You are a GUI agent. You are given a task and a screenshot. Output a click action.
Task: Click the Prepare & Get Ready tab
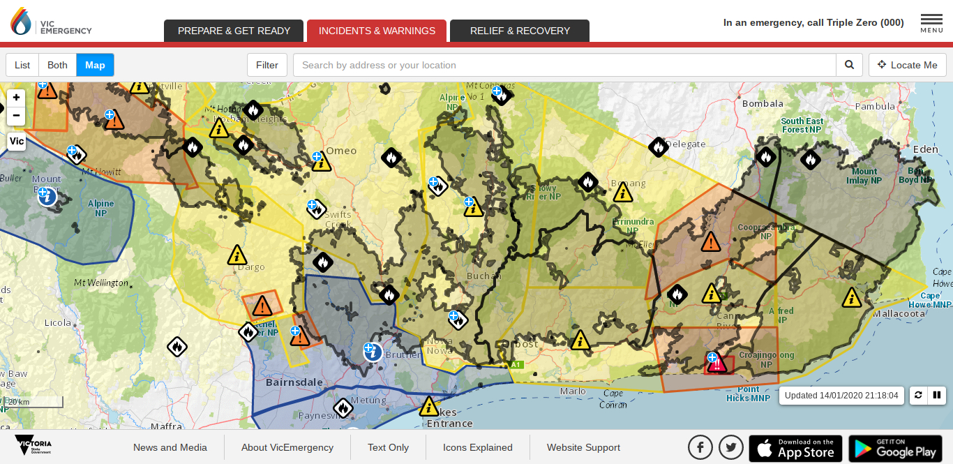tap(234, 31)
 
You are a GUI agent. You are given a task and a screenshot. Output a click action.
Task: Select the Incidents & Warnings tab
tap(377, 31)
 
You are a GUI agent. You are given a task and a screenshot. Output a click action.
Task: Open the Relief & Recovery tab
tap(520, 31)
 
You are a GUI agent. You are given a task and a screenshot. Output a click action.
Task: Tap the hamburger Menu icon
tap(931, 22)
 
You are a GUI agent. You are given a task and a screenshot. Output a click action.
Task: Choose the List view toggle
tap(22, 65)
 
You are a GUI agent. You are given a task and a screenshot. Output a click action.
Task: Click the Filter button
tap(267, 65)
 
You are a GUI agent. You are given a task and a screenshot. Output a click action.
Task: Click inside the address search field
tap(564, 65)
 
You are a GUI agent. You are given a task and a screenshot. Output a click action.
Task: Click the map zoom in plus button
tap(16, 98)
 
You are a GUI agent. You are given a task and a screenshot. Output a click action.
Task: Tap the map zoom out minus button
tap(16, 115)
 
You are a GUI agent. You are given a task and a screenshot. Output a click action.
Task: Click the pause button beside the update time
tap(937, 395)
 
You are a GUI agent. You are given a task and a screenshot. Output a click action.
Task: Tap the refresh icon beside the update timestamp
tap(918, 395)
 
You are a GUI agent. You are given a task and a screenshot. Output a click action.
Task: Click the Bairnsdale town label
tap(294, 382)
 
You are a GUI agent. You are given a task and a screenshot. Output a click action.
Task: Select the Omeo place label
tap(341, 151)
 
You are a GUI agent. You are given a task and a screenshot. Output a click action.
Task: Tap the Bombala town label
tap(763, 104)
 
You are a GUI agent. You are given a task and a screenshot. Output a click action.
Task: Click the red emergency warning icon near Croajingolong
tap(719, 364)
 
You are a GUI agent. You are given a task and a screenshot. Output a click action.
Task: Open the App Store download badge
tap(795, 448)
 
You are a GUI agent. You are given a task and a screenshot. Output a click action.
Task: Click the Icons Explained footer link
tap(478, 447)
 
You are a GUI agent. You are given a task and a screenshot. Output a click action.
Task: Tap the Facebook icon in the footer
tap(700, 447)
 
